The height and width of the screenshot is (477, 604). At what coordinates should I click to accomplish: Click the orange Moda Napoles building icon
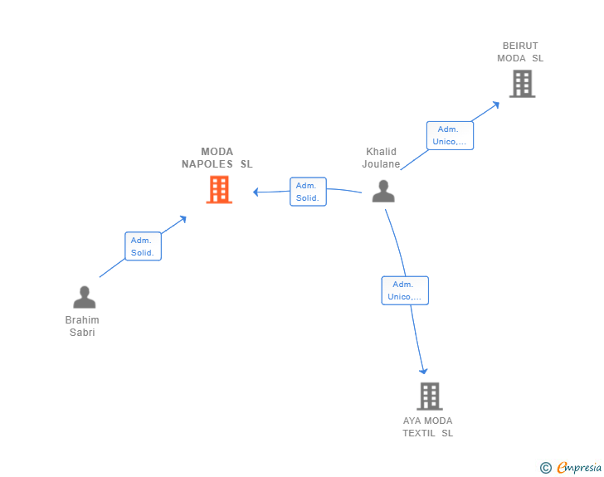(x=218, y=190)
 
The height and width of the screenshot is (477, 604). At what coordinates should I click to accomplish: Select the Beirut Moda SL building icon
(x=522, y=83)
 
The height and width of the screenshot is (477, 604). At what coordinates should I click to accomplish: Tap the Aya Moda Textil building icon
(x=429, y=396)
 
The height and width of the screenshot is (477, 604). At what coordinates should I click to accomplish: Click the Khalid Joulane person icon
(x=383, y=191)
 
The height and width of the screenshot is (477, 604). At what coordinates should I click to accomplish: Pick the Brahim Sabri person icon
(x=84, y=297)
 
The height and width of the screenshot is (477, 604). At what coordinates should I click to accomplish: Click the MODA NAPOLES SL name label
(x=217, y=158)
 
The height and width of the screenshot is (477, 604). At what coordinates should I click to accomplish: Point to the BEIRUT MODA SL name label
(x=520, y=52)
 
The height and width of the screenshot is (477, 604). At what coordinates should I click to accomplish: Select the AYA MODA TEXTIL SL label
(x=428, y=427)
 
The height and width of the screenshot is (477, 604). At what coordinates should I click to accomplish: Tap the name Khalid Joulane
(x=382, y=158)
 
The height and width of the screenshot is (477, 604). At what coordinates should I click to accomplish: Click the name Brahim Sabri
(x=82, y=326)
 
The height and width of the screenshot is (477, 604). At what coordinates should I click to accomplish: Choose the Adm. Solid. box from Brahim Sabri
(x=143, y=246)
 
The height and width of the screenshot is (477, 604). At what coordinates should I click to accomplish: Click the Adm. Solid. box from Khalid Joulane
(x=308, y=192)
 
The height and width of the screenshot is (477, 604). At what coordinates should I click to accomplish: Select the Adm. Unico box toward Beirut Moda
(x=450, y=135)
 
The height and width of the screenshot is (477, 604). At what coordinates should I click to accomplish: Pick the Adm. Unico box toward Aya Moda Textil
(x=405, y=290)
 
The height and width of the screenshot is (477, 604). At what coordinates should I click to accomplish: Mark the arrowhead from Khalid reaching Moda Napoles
(x=256, y=192)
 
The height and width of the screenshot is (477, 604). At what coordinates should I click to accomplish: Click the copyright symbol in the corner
(x=545, y=468)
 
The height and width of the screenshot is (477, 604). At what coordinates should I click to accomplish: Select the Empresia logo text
(x=578, y=468)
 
